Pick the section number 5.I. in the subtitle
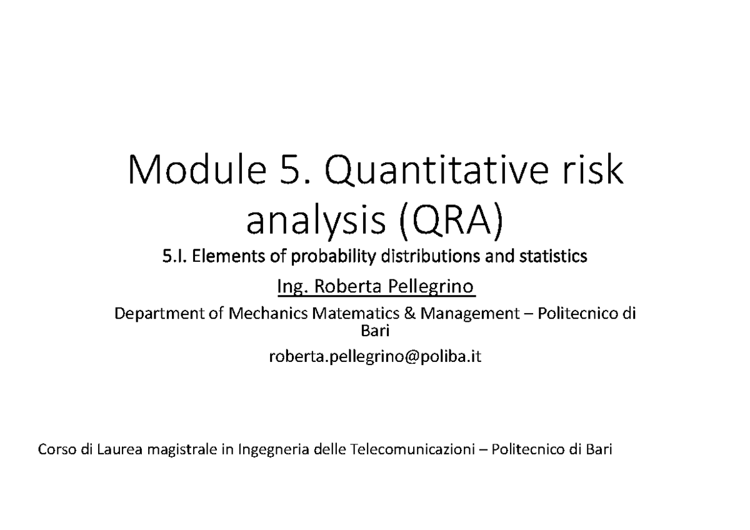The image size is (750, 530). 174,257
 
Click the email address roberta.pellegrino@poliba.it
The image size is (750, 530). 376,357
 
